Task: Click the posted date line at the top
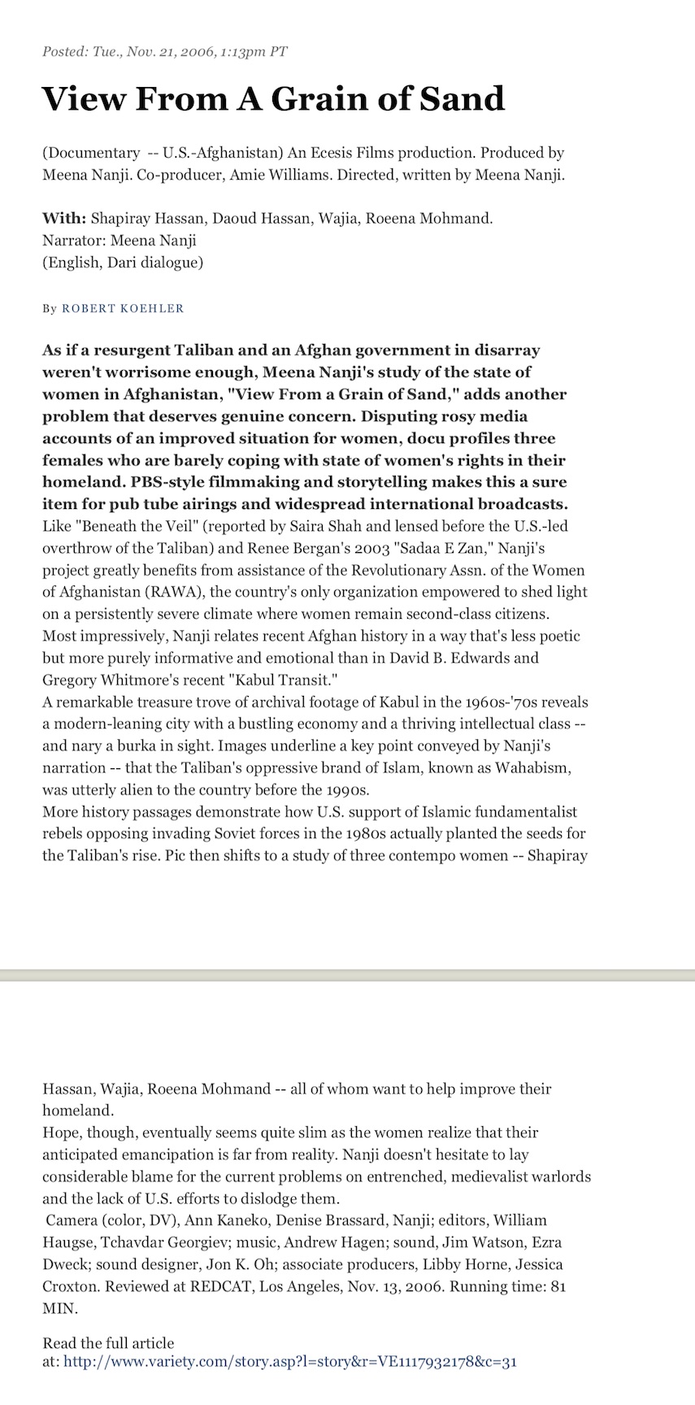(x=165, y=52)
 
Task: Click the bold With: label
(x=64, y=218)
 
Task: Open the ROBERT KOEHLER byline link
(x=123, y=308)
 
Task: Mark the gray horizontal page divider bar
(x=347, y=975)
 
